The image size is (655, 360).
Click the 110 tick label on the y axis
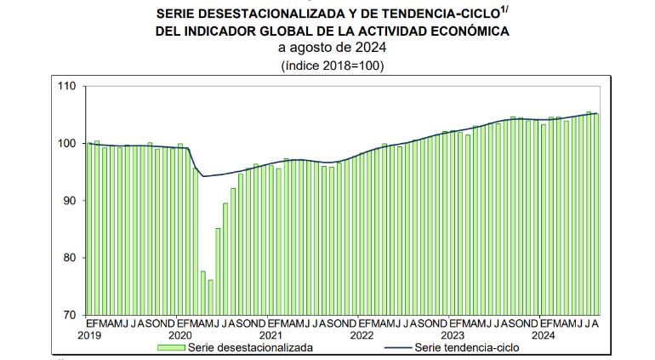point(67,86)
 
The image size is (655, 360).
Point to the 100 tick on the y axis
point(67,144)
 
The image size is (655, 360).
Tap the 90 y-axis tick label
point(69,201)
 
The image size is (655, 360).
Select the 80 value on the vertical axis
point(69,258)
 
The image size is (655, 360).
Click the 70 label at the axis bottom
point(69,315)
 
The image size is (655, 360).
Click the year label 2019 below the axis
point(89,335)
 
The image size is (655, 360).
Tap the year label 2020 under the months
point(180,335)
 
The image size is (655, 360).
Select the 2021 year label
point(271,335)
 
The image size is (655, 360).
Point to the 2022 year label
point(362,335)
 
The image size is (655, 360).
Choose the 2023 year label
point(453,335)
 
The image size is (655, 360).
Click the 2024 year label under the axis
point(543,335)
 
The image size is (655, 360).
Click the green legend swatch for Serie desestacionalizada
point(171,347)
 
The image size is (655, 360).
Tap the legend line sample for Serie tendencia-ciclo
point(397,347)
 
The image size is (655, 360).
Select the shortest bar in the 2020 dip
point(211,297)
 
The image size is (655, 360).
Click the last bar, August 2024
point(596,214)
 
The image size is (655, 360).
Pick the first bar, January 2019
point(89,229)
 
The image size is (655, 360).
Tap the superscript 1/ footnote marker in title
point(504,10)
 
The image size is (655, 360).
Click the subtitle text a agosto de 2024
point(332,48)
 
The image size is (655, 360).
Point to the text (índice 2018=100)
point(333,66)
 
